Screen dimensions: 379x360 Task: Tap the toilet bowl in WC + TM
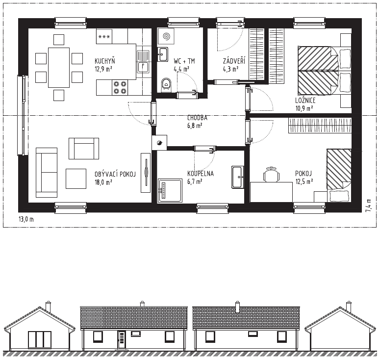coord(166,84)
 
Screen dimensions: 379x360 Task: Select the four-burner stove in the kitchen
coord(120,87)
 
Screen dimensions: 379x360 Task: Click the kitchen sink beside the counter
coord(143,61)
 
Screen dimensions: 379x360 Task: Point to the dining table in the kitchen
coord(59,68)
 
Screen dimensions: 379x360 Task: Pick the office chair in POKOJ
coord(271,174)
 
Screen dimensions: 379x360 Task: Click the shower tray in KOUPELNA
coord(170,190)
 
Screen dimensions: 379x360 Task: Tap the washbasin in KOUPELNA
coord(238,177)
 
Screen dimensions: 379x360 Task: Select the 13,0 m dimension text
coord(26,219)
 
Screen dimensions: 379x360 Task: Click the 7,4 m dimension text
coord(368,206)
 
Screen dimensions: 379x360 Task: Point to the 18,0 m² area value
coord(103,182)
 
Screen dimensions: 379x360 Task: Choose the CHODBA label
coord(197,118)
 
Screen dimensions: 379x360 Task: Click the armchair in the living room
coord(84,149)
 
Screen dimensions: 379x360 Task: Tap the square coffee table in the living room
coord(76,179)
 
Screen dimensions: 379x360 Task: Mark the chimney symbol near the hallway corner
coord(159,143)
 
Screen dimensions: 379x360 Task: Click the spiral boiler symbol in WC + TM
coord(166,36)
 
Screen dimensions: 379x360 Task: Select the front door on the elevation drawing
coord(122,340)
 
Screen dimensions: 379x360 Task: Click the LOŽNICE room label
coord(305,101)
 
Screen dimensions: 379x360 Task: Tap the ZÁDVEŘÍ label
coord(234,61)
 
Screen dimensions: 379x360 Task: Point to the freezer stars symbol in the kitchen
coord(104,36)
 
